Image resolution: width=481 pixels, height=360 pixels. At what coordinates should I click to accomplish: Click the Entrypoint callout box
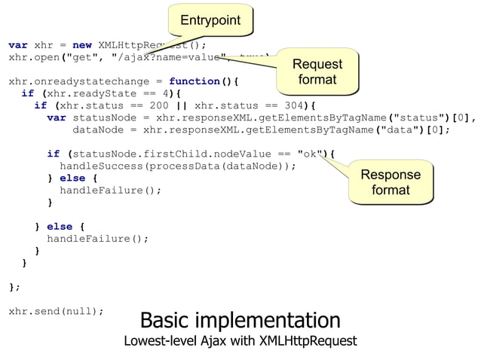point(210,20)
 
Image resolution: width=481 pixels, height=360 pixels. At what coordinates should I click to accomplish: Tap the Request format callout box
point(317,72)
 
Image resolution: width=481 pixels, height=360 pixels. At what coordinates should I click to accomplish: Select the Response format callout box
point(390,182)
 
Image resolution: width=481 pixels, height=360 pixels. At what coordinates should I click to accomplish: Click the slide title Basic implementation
point(240,319)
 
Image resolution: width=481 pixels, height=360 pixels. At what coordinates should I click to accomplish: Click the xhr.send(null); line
point(56,310)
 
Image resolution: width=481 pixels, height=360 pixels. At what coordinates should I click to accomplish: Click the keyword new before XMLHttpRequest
point(81,44)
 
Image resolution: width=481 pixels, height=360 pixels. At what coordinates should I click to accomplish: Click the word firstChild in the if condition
point(174,154)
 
